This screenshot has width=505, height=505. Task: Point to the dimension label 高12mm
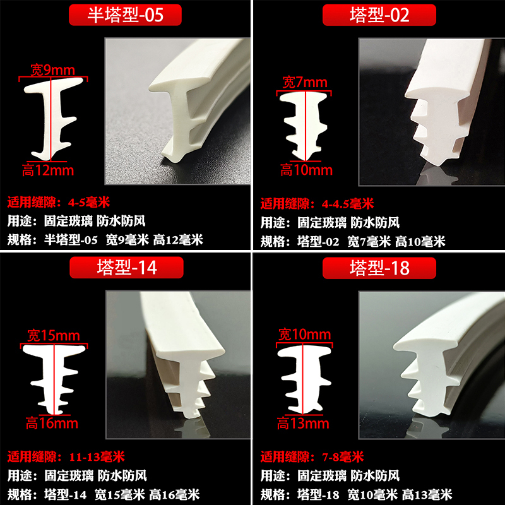pyautogui.click(x=48, y=170)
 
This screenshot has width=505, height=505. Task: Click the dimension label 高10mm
pyautogui.click(x=306, y=170)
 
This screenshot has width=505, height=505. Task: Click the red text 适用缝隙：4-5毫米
pyautogui.click(x=59, y=203)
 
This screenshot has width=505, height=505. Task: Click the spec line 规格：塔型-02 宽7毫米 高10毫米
pyautogui.click(x=353, y=241)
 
